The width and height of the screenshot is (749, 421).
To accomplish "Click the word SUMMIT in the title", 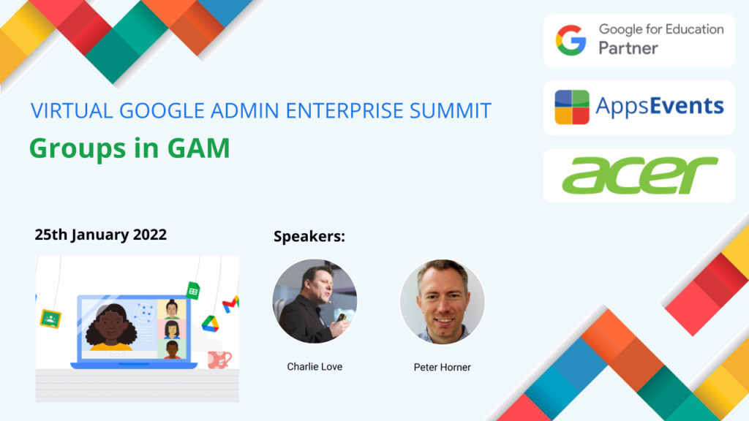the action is [451, 111].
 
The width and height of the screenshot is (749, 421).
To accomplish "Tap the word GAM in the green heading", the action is [199, 148].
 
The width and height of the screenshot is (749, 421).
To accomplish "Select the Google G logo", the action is [571, 41].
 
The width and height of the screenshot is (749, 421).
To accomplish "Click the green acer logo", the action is [640, 175].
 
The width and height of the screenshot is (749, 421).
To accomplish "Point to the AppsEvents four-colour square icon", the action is [572, 107].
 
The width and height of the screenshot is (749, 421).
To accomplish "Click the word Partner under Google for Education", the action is [628, 48].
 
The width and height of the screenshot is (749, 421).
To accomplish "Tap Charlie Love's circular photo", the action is [315, 301].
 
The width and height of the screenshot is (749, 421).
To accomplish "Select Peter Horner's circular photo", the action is [443, 302].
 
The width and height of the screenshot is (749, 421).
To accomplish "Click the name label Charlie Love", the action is [315, 367].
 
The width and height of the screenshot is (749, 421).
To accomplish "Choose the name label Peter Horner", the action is [443, 367].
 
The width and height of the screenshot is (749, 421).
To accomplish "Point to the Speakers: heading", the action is [309, 236].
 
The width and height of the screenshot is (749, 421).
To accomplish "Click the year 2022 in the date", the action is [149, 235].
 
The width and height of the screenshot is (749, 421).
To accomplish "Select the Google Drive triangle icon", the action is [210, 324].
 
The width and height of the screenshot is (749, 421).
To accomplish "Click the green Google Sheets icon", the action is [193, 290].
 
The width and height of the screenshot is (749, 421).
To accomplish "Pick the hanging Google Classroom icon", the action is [50, 319].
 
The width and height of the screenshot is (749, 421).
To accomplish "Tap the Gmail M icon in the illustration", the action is [230, 304].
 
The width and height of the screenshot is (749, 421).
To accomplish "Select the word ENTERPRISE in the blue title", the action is [345, 111].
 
